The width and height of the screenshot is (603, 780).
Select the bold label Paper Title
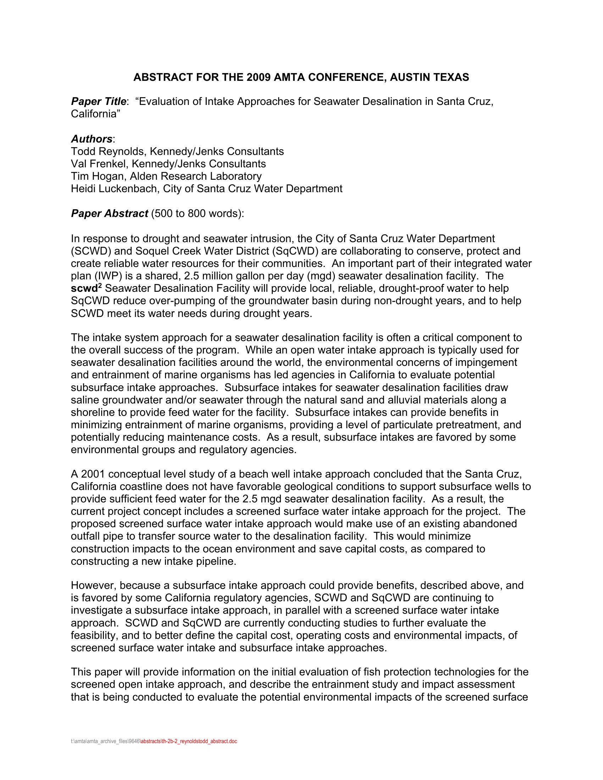coord(98,101)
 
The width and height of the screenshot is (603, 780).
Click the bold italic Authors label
coord(92,139)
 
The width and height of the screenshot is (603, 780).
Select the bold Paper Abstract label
coord(109,213)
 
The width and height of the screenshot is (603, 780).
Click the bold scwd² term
coord(87,288)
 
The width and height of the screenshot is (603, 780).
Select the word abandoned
coord(489,524)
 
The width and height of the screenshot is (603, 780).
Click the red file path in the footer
coord(188,741)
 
